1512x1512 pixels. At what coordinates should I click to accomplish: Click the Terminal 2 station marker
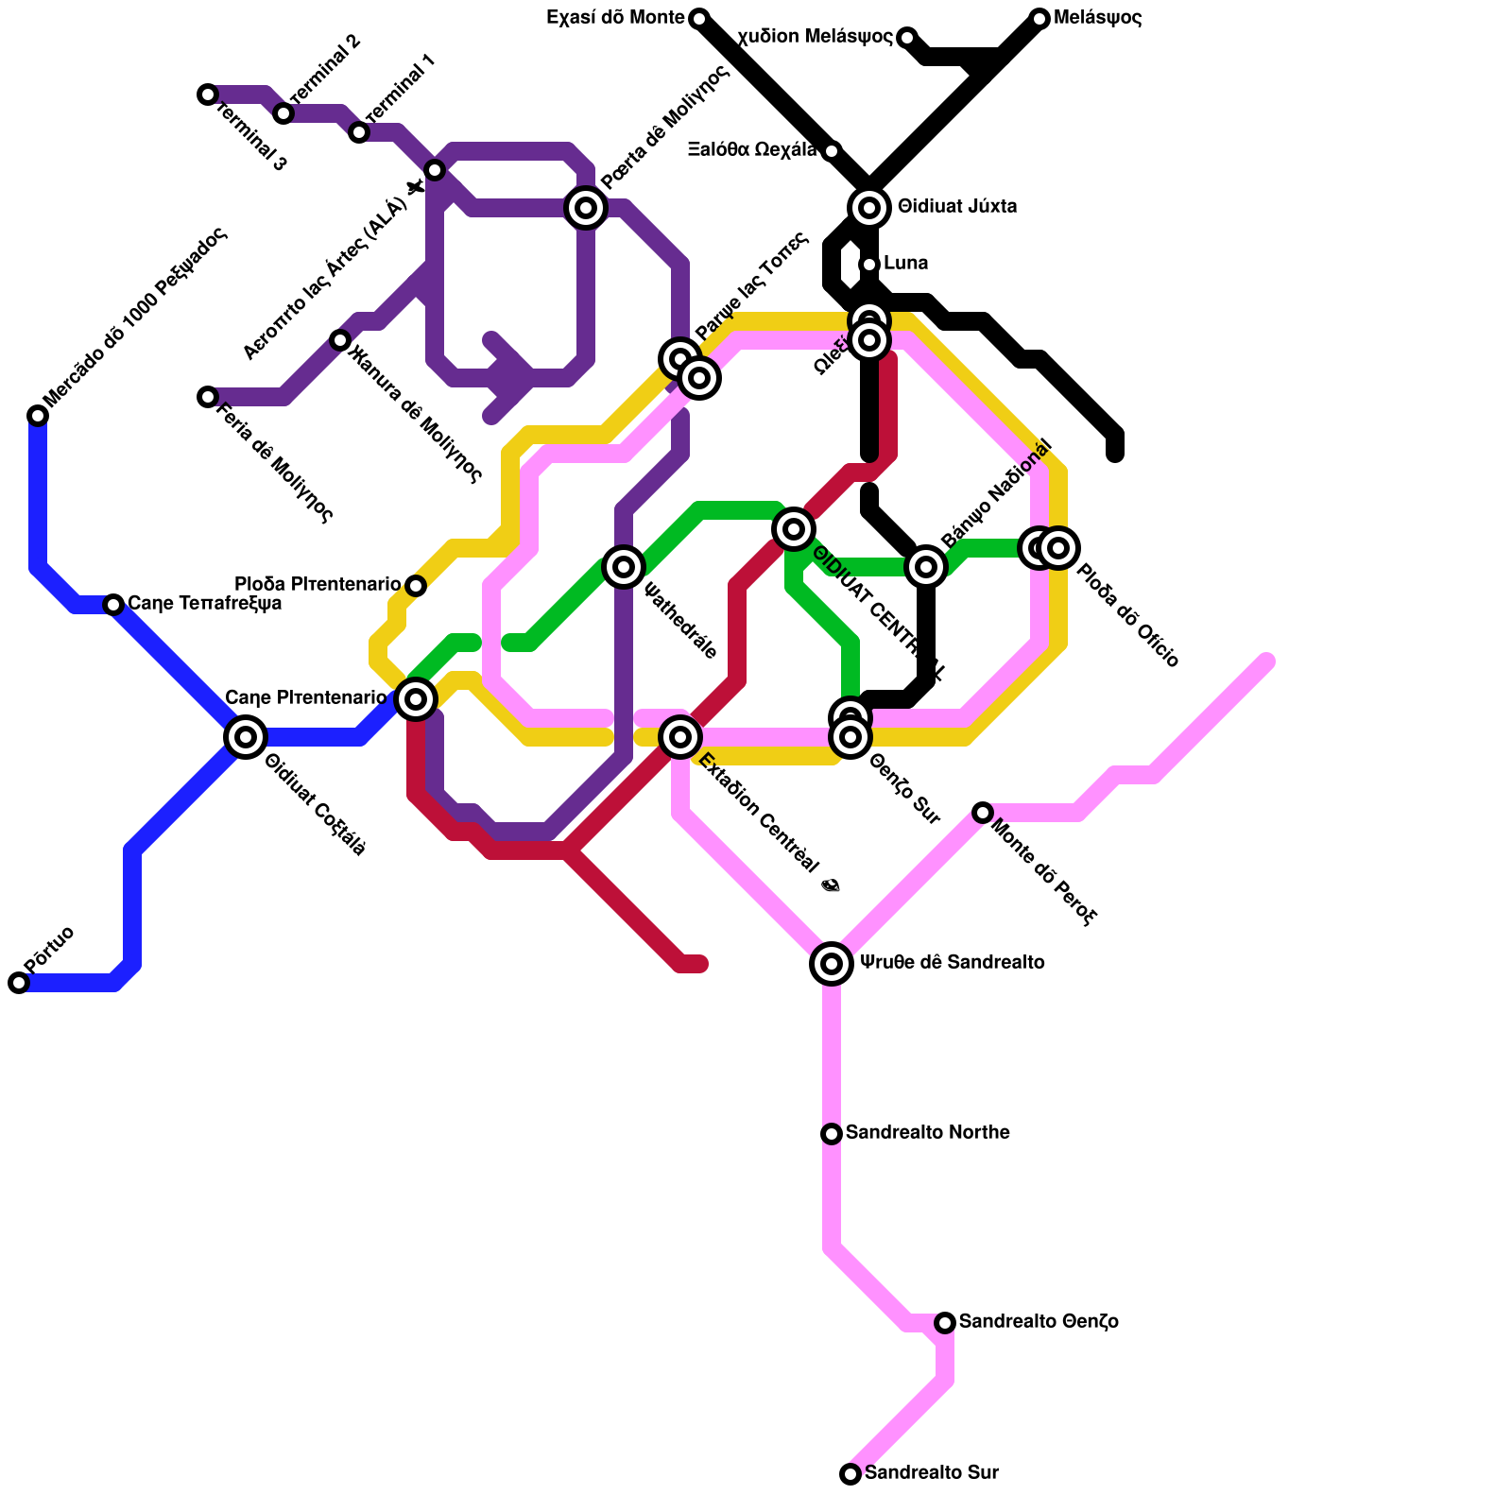point(283,113)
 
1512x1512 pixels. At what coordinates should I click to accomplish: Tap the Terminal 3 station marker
point(208,94)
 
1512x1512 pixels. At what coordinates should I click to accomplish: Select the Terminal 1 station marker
point(359,132)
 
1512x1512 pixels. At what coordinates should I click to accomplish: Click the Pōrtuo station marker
point(19,983)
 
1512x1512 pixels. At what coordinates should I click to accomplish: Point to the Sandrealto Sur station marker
point(850,1474)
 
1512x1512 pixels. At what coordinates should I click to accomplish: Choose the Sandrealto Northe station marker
point(832,1134)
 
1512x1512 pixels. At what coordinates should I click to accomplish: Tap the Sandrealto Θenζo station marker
point(945,1323)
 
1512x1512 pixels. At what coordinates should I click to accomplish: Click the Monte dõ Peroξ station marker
point(983,813)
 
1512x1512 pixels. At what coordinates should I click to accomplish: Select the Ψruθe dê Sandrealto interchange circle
point(832,964)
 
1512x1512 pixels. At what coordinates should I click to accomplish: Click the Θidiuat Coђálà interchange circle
point(246,737)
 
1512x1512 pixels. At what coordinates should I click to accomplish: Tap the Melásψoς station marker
point(1039,19)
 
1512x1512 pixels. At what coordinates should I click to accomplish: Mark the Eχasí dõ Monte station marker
point(699,19)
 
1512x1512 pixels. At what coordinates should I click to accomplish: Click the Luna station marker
point(869,265)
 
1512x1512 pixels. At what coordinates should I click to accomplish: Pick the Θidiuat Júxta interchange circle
point(869,207)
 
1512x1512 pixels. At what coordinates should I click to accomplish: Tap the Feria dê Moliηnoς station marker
point(208,397)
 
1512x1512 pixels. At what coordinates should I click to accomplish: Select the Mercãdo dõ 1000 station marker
point(38,416)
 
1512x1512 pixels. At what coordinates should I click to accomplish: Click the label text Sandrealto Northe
point(927,1133)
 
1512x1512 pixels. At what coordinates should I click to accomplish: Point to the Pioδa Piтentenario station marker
point(416,586)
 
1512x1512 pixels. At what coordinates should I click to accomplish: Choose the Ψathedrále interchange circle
point(624,567)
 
